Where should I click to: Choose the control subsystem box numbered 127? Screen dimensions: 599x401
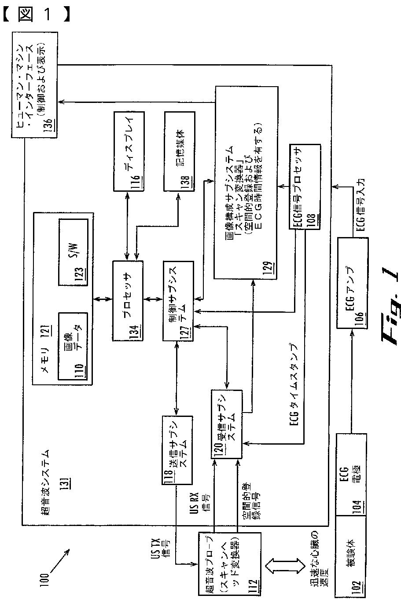point(179,300)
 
